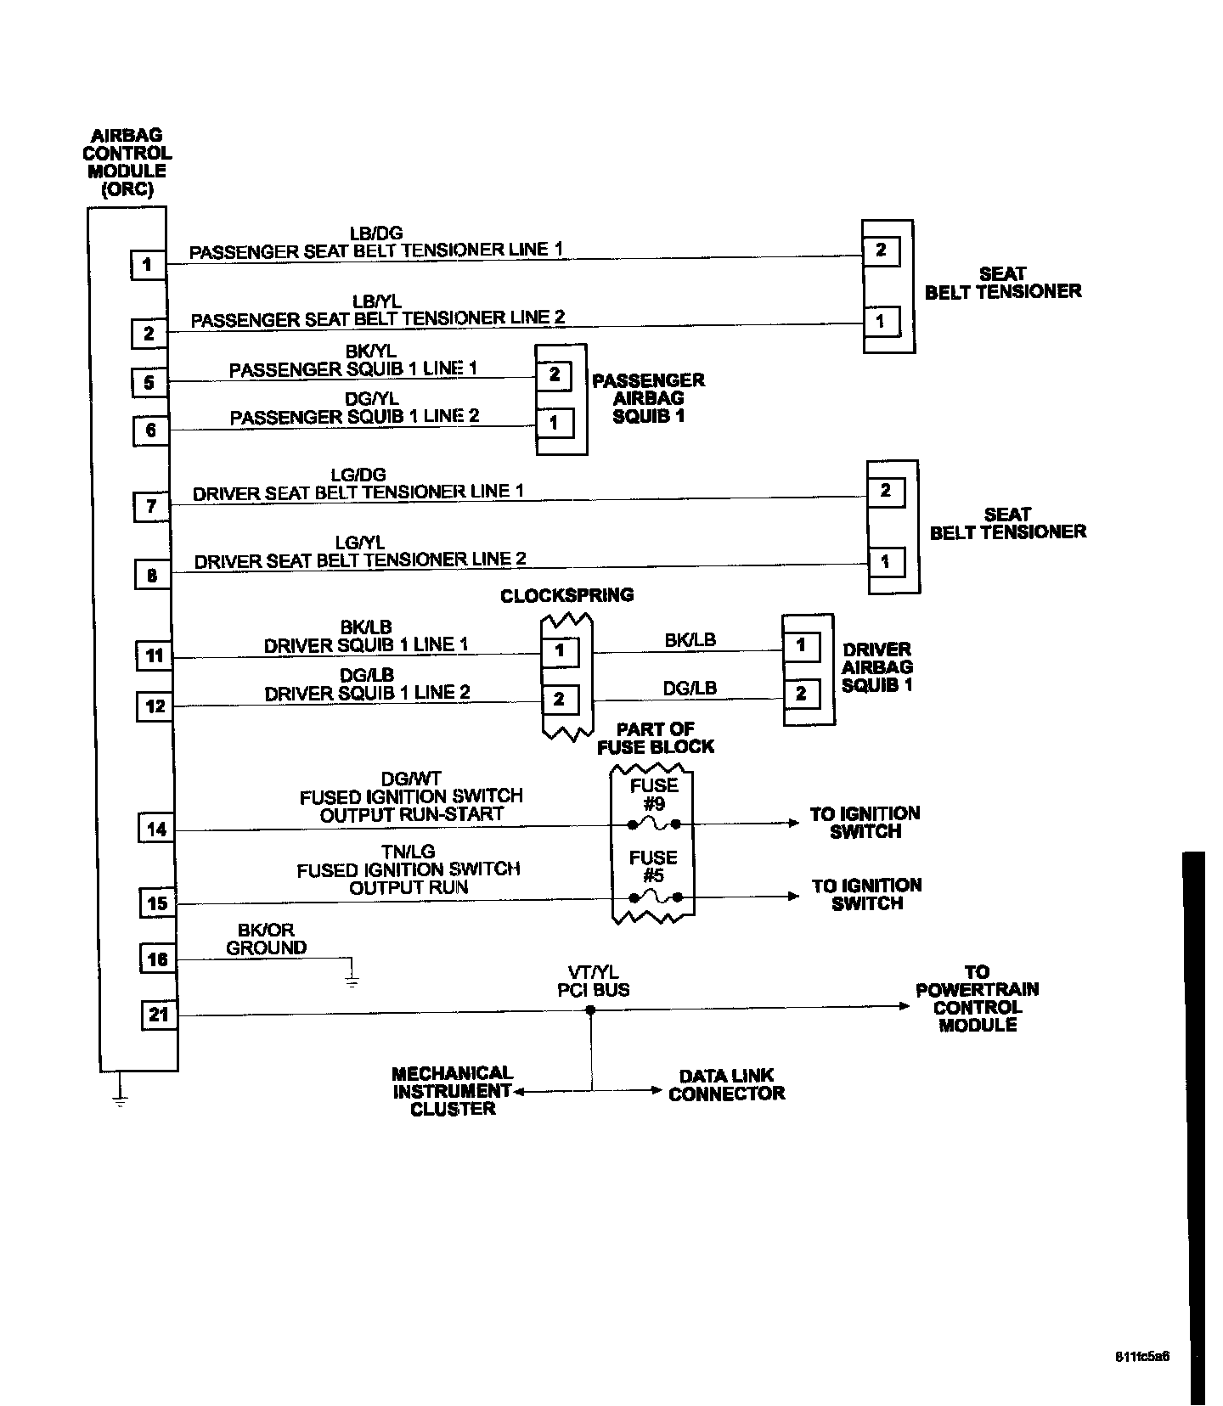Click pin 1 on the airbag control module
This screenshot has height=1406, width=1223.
(x=147, y=264)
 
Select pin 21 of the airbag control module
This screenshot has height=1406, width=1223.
(x=159, y=1015)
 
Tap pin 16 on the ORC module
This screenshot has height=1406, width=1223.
(x=157, y=959)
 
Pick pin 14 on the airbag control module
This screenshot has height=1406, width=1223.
(x=156, y=829)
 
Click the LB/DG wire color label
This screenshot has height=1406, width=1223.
(x=376, y=233)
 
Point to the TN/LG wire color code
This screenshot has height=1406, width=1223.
(x=409, y=852)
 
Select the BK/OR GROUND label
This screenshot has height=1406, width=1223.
(x=266, y=939)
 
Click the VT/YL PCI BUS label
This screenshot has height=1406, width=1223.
(x=593, y=981)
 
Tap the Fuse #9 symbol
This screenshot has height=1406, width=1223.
(x=653, y=824)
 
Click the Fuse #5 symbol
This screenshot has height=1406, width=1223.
(x=653, y=897)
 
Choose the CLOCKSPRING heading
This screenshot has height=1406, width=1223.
(x=566, y=595)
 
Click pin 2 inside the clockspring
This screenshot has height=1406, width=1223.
(x=560, y=700)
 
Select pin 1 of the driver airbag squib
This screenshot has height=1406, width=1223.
(x=801, y=645)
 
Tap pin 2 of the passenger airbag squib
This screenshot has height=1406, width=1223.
(x=555, y=374)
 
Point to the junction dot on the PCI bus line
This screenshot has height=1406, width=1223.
(x=591, y=1010)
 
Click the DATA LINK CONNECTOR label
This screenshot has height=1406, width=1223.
(x=726, y=1084)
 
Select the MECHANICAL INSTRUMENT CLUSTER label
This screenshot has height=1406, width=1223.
(x=453, y=1091)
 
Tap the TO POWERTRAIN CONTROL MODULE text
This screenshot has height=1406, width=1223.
(x=977, y=998)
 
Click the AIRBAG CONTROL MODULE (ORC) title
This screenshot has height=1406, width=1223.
(x=127, y=162)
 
